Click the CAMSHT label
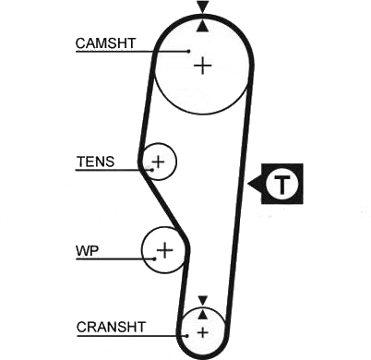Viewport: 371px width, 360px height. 105,43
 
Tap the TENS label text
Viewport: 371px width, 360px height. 95,162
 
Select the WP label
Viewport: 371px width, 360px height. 88,251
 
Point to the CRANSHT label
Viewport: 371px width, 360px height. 111,327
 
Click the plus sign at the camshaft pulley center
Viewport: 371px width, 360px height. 203,66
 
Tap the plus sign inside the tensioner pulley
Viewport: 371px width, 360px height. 159,162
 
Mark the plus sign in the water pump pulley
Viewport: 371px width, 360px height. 165,250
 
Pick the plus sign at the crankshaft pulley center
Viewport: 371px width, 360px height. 202,332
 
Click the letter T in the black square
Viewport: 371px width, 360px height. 281,184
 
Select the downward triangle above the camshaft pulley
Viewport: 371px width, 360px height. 203,6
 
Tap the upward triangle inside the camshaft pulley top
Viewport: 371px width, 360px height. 203,26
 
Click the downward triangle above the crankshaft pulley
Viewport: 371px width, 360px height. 203,301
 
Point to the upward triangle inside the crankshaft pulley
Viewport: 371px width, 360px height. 202,314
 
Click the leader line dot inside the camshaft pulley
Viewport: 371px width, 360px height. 189,51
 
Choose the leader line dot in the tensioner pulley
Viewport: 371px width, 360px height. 151,170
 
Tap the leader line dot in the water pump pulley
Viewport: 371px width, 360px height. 154,258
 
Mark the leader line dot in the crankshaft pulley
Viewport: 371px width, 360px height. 186,336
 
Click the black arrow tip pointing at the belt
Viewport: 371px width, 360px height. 248,184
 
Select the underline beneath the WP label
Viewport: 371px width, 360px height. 115,259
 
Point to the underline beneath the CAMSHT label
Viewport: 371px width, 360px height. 132,52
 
